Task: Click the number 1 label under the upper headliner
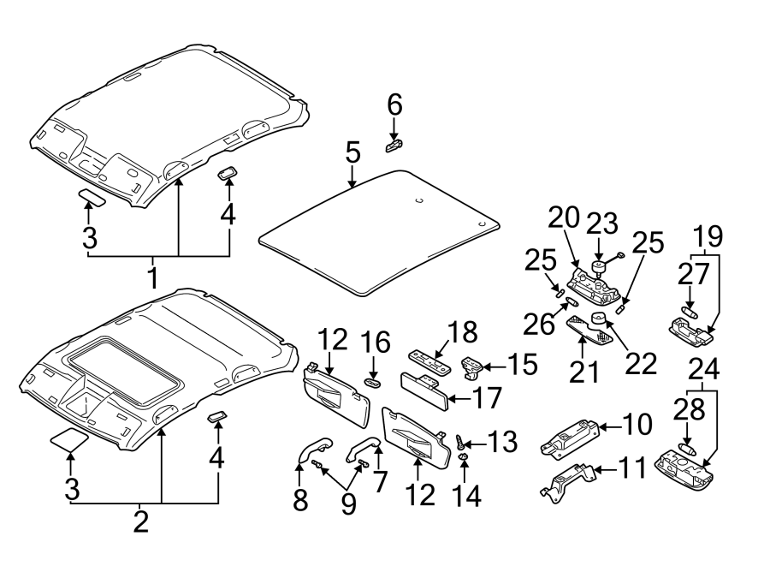[x=153, y=277]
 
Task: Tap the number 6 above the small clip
[x=394, y=105]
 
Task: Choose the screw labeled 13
[x=463, y=444]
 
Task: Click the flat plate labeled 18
[x=429, y=357]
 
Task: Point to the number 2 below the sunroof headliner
[x=141, y=521]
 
